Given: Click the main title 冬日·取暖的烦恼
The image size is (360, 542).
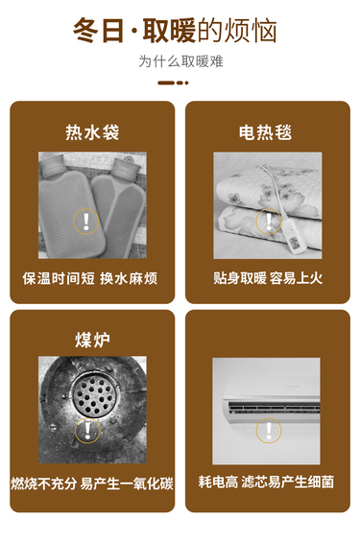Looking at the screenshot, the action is (x=175, y=31).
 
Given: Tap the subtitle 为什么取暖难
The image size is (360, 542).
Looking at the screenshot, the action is (x=180, y=61).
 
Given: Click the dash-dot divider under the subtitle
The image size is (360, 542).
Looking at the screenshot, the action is (x=173, y=82).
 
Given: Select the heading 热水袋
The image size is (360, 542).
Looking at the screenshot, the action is (x=92, y=132).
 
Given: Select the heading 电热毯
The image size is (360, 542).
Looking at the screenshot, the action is (x=266, y=132).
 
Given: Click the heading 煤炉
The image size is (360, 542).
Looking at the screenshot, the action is (x=92, y=340).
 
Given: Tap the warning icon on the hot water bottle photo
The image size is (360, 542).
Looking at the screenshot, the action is (x=86, y=222).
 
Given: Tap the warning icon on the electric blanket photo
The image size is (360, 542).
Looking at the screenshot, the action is (x=269, y=222).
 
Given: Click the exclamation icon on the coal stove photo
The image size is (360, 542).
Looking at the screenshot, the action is (x=87, y=431).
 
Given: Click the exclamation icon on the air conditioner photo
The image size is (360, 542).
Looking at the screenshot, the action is (x=269, y=431).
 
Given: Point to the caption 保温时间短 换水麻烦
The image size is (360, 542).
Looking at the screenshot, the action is (x=90, y=278).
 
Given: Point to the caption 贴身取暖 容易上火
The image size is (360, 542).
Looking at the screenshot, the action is (x=268, y=278).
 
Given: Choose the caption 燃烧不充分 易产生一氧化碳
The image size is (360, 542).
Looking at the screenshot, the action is (x=92, y=483).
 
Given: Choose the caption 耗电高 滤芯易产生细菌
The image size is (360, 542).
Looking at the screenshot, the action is (x=266, y=483).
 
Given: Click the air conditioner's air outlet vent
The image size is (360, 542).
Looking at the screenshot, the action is (x=274, y=407).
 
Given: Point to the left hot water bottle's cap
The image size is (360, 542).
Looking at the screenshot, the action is (x=52, y=165).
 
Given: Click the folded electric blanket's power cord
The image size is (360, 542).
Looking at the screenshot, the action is (x=275, y=194).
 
